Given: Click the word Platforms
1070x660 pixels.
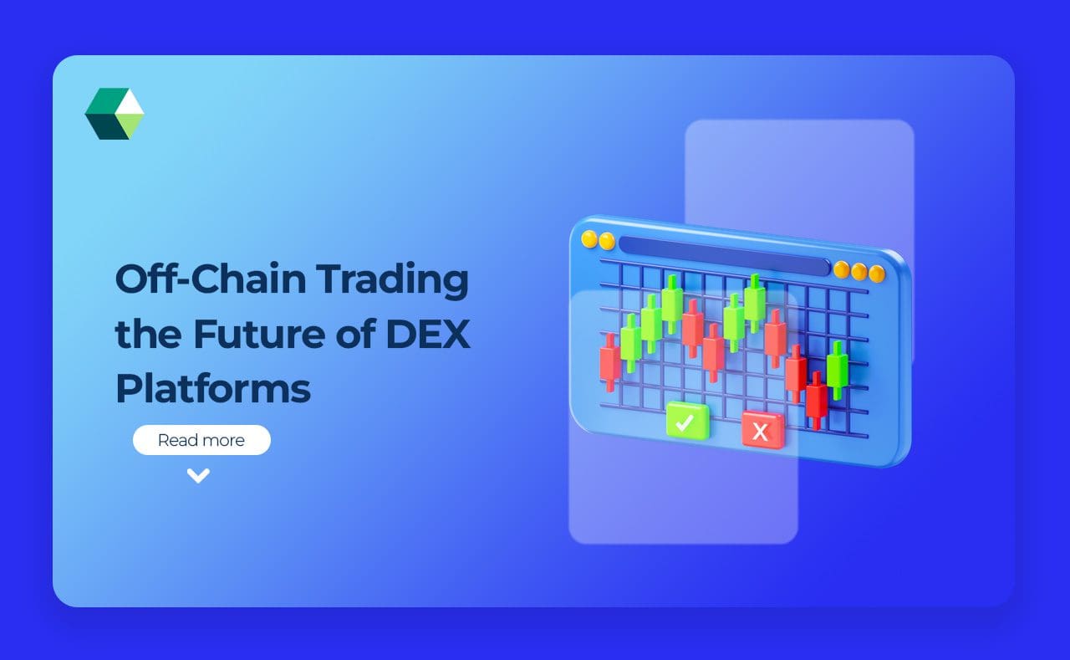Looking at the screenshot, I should point(213,389).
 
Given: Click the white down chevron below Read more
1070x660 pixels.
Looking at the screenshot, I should point(198,476).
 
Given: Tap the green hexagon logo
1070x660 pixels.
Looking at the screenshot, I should point(115,114).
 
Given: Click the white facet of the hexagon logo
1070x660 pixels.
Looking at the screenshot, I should point(130,101).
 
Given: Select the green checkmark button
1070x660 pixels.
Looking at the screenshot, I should point(687,421).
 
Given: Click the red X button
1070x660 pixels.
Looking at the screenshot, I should point(762,430).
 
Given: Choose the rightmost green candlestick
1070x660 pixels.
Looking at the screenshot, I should point(837,369).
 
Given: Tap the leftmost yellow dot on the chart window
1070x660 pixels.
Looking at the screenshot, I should point(589,239).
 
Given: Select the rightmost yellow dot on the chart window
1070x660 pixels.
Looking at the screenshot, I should point(876,274).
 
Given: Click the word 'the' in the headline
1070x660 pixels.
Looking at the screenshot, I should point(145,335).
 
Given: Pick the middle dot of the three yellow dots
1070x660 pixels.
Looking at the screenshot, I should point(859,272).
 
